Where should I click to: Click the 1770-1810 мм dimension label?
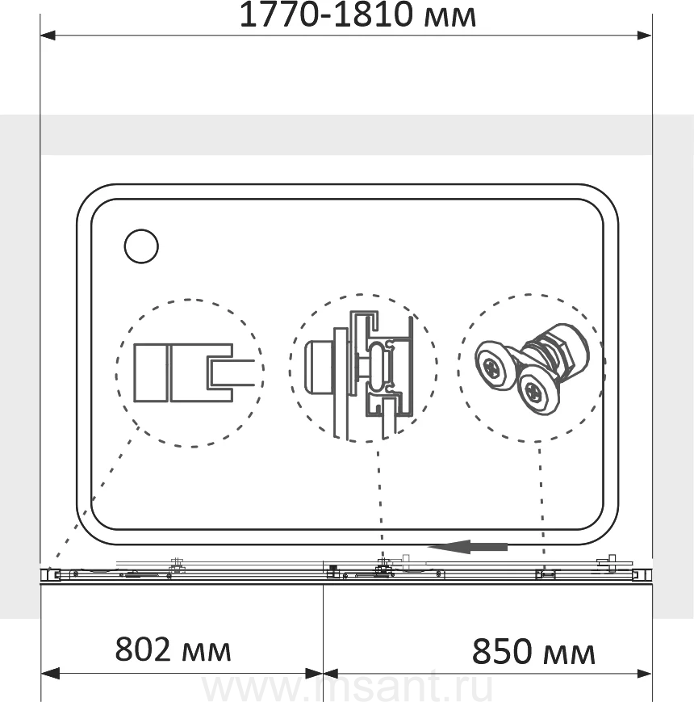coord(357,15)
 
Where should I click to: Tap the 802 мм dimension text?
coord(173,649)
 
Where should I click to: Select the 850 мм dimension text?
coord(533,652)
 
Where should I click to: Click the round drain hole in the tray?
coord(141,246)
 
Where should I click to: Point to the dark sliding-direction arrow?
coord(467,547)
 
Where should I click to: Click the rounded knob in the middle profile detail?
coord(320,366)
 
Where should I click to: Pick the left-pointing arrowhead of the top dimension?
coord(48,36)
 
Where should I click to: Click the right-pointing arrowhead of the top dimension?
coord(644,36)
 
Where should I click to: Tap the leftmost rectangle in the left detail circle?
coord(151,373)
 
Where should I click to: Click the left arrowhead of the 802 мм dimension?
coord(50,673)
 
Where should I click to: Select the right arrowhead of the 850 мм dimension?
coord(644,673)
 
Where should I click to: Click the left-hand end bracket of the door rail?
coord(55,574)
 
